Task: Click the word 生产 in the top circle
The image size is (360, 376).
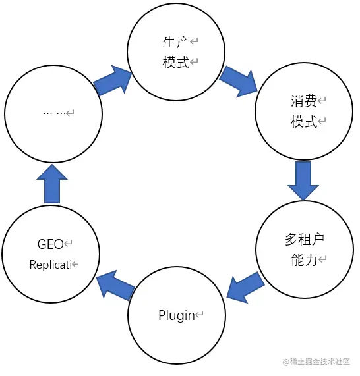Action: click(175, 42)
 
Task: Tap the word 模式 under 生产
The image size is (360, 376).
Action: click(175, 63)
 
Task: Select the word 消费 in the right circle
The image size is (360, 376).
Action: click(303, 101)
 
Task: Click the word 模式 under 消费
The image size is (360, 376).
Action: click(303, 122)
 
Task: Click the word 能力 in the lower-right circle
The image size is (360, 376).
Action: click(304, 260)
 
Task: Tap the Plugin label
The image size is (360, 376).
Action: click(177, 315)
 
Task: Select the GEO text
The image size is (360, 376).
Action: click(50, 244)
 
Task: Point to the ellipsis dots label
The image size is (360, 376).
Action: click(55, 113)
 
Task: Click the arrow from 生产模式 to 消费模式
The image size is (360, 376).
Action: click(239, 80)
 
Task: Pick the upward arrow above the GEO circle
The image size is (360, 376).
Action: click(52, 184)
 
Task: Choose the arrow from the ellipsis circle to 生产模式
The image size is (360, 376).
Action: click(113, 80)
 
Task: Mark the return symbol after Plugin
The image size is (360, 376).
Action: click(200, 316)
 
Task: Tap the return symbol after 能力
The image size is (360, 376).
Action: click(323, 261)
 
